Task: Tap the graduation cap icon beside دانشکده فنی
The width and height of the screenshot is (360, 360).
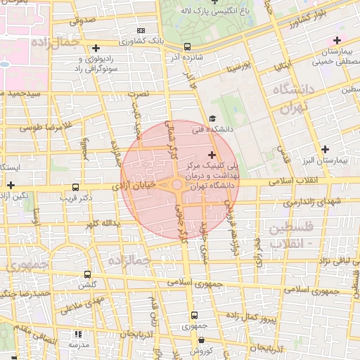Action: click(x=212, y=119)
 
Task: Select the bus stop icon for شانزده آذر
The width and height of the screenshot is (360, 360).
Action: click(x=187, y=47)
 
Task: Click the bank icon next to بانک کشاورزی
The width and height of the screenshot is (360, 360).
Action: click(x=141, y=30)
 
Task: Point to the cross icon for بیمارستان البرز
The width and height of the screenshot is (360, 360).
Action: click(x=324, y=149)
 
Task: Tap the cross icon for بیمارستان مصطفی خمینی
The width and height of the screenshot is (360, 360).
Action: click(x=338, y=40)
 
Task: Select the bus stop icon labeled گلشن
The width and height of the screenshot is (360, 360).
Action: click(x=87, y=274)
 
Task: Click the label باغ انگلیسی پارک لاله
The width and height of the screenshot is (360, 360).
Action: click(x=207, y=11)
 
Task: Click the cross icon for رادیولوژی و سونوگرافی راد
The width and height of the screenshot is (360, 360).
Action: click(x=96, y=48)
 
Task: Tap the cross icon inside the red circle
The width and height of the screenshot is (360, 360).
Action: click(x=212, y=154)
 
